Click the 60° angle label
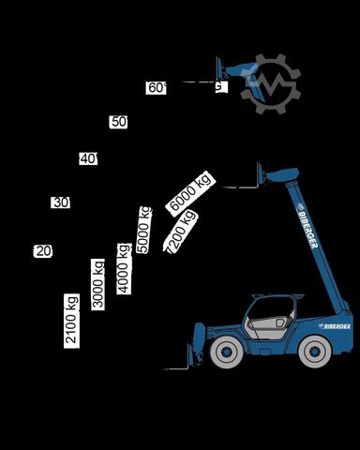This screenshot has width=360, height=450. click(x=157, y=88)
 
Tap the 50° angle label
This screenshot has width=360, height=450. click(x=118, y=122)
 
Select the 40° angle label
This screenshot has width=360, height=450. click(x=88, y=158)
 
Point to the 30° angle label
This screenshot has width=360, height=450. click(x=61, y=202)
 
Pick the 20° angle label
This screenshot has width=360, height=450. click(x=43, y=251)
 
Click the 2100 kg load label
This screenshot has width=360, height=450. click(x=71, y=320)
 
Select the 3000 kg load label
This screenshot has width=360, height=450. click(x=97, y=284)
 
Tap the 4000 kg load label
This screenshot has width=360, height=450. click(x=124, y=268)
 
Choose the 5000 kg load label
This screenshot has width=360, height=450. click(x=143, y=229)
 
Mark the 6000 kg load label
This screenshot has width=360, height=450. click(x=190, y=192)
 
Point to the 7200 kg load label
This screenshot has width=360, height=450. click(x=180, y=231)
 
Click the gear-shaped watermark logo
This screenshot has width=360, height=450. click(x=270, y=84)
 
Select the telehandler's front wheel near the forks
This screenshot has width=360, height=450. click(x=226, y=352)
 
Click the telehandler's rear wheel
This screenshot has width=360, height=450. click(x=314, y=352)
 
